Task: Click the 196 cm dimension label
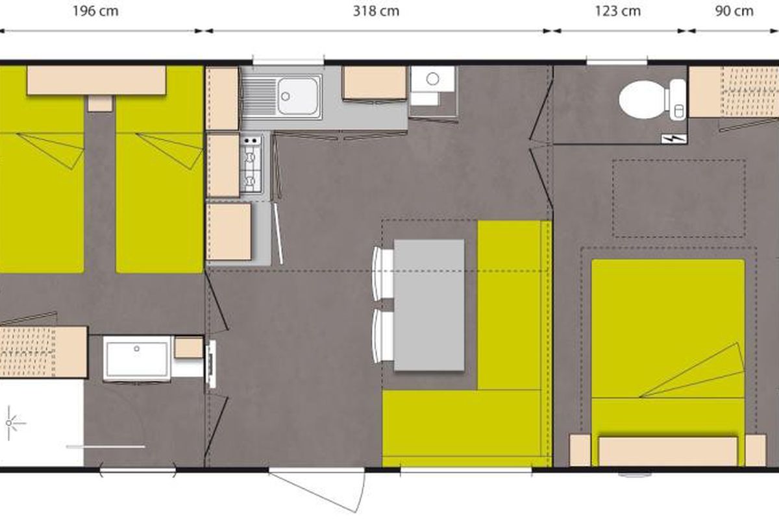[x=95, y=11]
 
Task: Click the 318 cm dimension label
[x=376, y=11]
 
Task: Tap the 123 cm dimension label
[x=618, y=11]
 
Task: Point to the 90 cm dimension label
[x=734, y=11]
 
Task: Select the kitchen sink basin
[x=299, y=96]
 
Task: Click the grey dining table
[x=429, y=305]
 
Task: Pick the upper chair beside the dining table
[x=383, y=273]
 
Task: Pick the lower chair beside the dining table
[x=383, y=336]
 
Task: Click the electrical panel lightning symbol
[x=674, y=139]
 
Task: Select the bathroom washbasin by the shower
[x=137, y=359]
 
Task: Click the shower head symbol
[x=9, y=423]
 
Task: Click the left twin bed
[x=42, y=169]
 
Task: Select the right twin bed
[x=159, y=169]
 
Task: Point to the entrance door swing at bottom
[x=317, y=490]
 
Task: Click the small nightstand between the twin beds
[x=100, y=103]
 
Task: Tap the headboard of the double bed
[x=668, y=450]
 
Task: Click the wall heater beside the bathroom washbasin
[x=211, y=364]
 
